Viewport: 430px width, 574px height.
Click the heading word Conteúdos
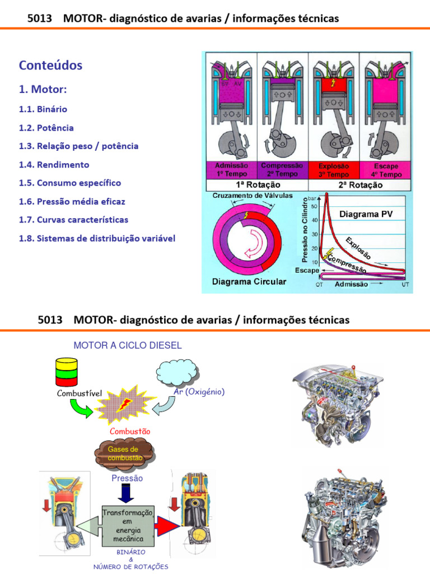pyautogui.click(x=50, y=66)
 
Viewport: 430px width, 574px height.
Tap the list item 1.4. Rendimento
pyautogui.click(x=54, y=165)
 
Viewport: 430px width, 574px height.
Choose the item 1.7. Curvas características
pyautogui.click(x=73, y=220)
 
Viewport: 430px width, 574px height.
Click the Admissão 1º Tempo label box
pyautogui.click(x=231, y=170)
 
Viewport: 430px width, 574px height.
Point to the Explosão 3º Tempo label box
pyautogui.click(x=333, y=170)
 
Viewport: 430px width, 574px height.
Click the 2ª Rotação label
pyautogui.click(x=359, y=185)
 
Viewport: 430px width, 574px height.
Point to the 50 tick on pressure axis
pyautogui.click(x=315, y=207)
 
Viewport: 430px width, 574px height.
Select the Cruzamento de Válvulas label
pyautogui.click(x=244, y=195)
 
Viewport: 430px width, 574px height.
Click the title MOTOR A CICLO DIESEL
pyautogui.click(x=124, y=345)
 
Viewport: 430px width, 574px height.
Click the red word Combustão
pyautogui.click(x=130, y=432)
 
